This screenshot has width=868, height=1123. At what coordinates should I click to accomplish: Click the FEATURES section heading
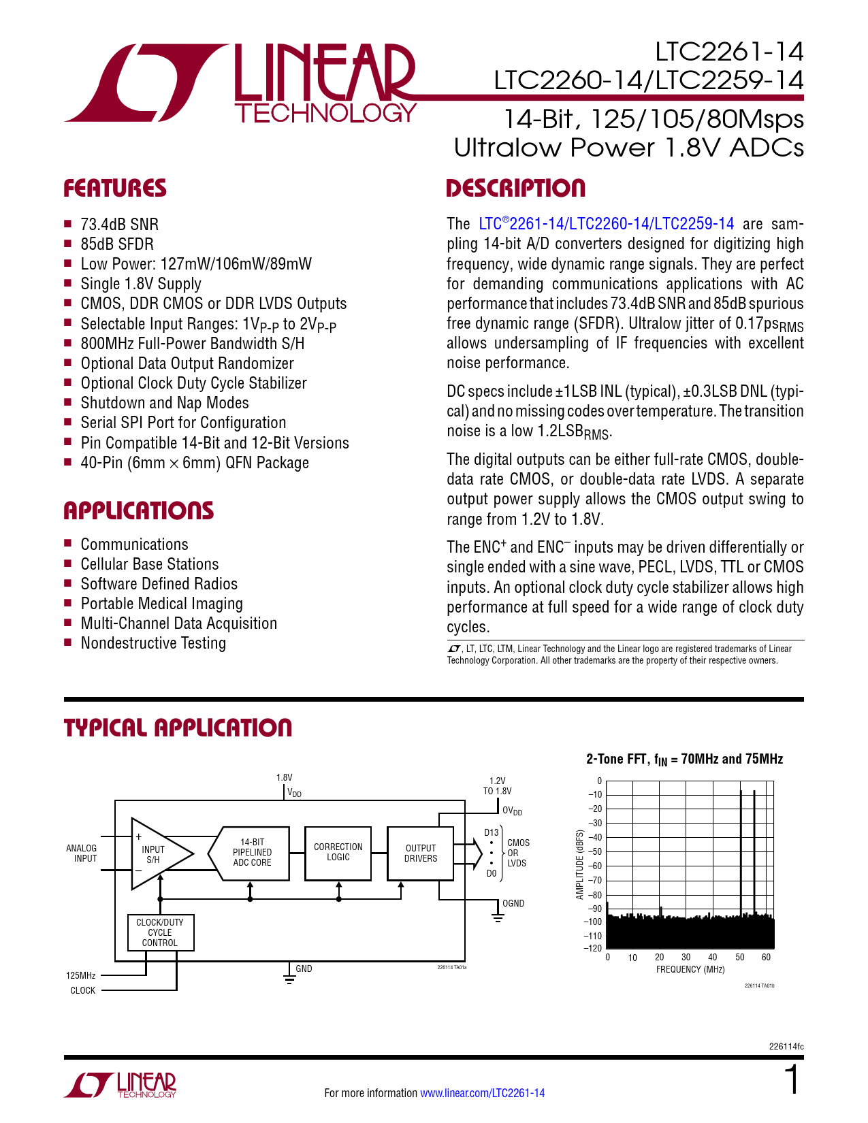click(115, 189)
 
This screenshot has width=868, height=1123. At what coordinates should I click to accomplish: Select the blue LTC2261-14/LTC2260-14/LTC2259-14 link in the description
click(606, 224)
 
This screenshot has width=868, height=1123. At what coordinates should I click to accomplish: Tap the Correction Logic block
click(338, 852)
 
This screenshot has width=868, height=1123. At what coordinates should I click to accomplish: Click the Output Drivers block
click(421, 853)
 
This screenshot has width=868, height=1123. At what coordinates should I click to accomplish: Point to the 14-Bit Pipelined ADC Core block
click(252, 852)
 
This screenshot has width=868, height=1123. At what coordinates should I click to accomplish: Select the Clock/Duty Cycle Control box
click(161, 932)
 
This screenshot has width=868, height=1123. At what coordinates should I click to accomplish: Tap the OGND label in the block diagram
click(513, 904)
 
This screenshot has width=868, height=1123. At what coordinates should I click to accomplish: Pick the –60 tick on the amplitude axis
click(595, 866)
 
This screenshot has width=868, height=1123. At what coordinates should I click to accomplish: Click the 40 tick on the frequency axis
click(713, 958)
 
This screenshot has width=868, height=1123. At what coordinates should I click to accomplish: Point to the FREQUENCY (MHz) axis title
click(690, 969)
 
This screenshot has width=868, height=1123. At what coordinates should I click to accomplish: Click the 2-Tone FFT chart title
click(684, 759)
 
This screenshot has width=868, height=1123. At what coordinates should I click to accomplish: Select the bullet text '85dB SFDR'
click(117, 244)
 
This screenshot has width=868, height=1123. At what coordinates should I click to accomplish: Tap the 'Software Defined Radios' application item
click(159, 584)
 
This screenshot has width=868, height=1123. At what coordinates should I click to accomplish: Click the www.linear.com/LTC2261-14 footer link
click(482, 1093)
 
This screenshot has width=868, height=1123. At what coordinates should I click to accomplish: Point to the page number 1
click(792, 1080)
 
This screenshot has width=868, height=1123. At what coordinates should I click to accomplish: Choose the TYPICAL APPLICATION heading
click(178, 728)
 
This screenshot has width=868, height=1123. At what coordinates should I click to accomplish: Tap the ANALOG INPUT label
click(82, 853)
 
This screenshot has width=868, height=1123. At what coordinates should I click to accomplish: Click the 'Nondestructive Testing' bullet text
click(153, 643)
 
